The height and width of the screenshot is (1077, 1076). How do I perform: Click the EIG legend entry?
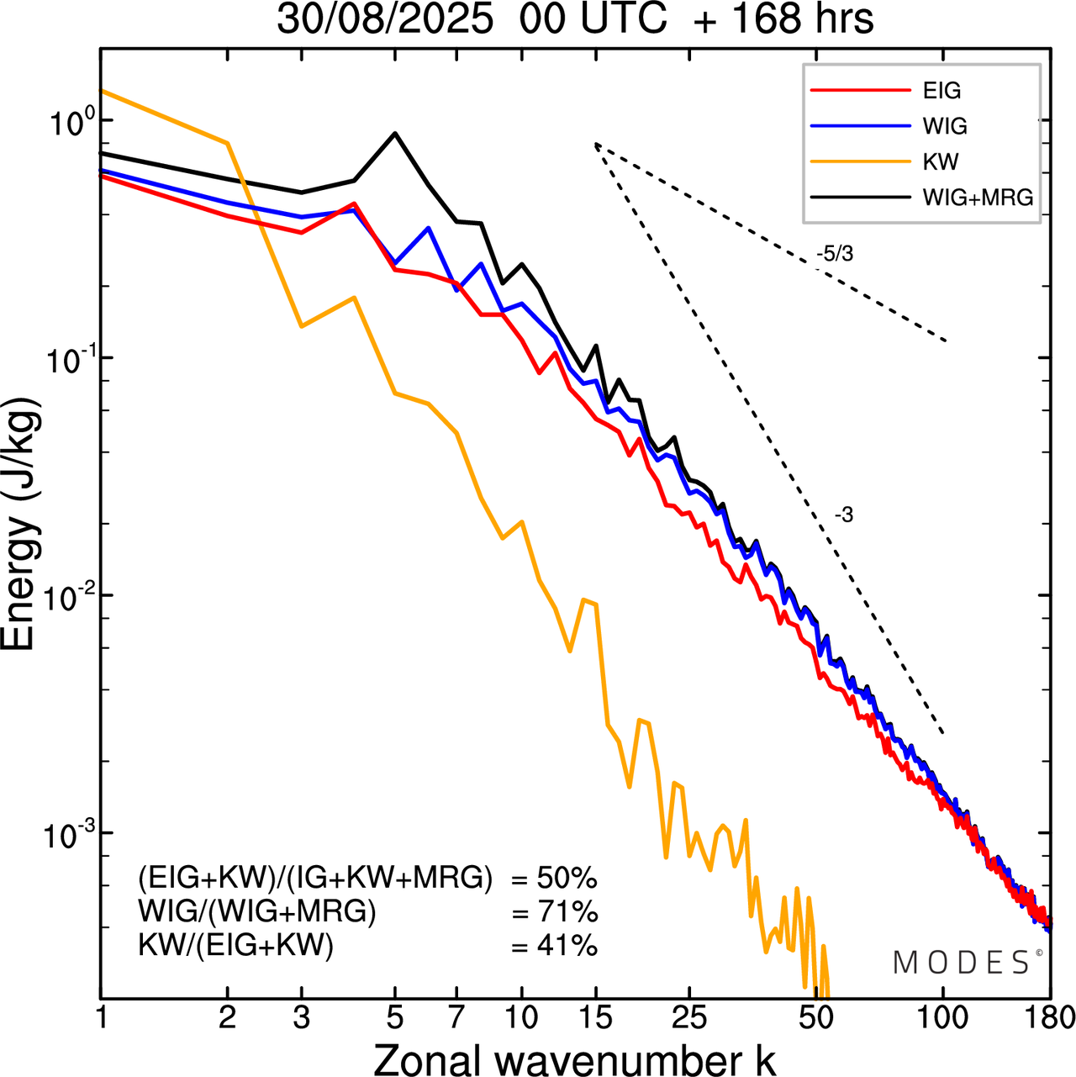pyautogui.click(x=941, y=91)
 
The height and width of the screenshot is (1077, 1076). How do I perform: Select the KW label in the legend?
pyautogui.click(x=941, y=161)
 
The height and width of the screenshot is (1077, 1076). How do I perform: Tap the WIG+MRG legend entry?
pyautogui.click(x=978, y=198)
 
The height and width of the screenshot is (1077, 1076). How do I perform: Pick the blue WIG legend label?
pyautogui.click(x=945, y=126)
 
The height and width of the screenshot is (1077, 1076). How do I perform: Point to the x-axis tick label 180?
pyautogui.click(x=1049, y=1017)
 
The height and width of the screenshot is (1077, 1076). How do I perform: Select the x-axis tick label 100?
pyautogui.click(x=943, y=1017)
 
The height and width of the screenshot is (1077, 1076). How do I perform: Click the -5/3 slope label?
pyautogui.click(x=834, y=254)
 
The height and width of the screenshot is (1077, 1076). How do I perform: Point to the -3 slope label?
pyautogui.click(x=844, y=515)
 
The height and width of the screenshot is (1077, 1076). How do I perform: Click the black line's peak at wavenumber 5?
pyautogui.click(x=395, y=133)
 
